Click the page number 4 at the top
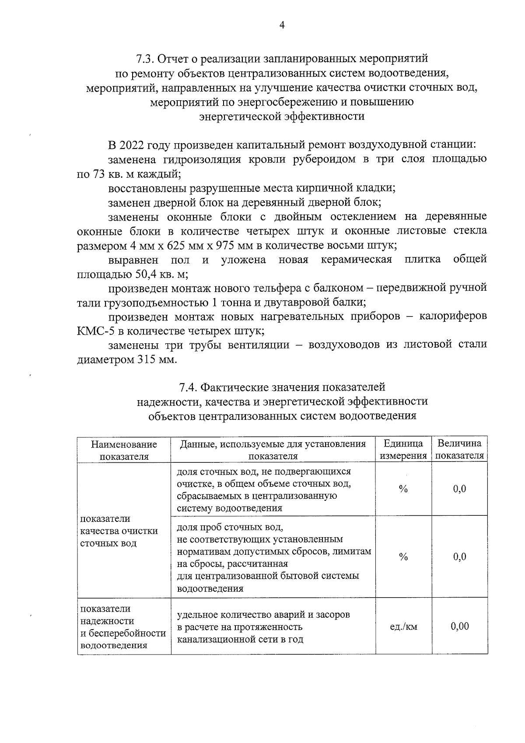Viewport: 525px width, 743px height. tap(282, 25)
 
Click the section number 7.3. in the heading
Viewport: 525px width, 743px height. tap(144, 58)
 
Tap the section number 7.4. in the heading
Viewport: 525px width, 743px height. tap(188, 387)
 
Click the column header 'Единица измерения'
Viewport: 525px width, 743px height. tap(403, 450)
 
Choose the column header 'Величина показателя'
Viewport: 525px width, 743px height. tap(459, 450)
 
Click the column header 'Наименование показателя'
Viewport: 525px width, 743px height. tap(124, 450)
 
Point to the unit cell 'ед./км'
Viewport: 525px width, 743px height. tap(403, 627)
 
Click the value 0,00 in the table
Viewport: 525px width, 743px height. tap(459, 626)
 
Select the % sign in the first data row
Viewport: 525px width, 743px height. tap(403, 489)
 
